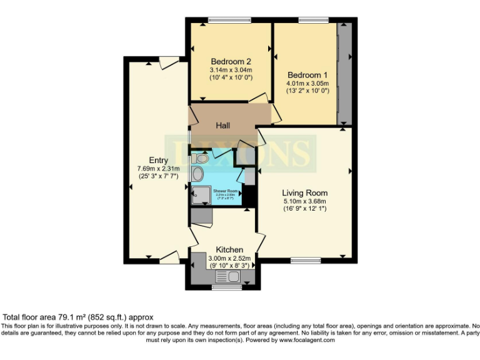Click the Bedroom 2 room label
coord(231,61)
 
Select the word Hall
coord(223,126)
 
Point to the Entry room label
coord(158,160)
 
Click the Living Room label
coord(304,192)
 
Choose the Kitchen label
coord(229,249)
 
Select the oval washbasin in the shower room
coord(198,174)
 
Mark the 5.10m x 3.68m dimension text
coord(304,201)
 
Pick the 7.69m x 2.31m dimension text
coord(159,168)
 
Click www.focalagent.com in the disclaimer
coord(307,340)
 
